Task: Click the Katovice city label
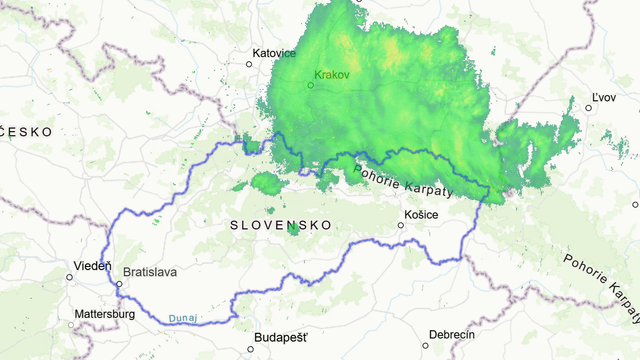click(x=274, y=52)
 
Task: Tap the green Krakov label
click(x=331, y=75)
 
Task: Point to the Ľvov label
click(x=603, y=96)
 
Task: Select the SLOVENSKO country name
click(x=274, y=225)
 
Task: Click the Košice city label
click(x=420, y=213)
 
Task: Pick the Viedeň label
click(x=93, y=265)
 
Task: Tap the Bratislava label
click(x=150, y=272)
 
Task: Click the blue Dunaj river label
click(x=182, y=318)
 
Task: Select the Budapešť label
click(x=281, y=337)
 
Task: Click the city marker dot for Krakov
click(x=310, y=85)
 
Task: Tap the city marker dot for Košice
click(x=401, y=224)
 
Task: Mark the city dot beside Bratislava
click(x=118, y=284)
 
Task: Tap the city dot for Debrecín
click(x=425, y=345)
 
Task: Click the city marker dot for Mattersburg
click(x=71, y=324)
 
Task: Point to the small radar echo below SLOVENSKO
click(x=293, y=229)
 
